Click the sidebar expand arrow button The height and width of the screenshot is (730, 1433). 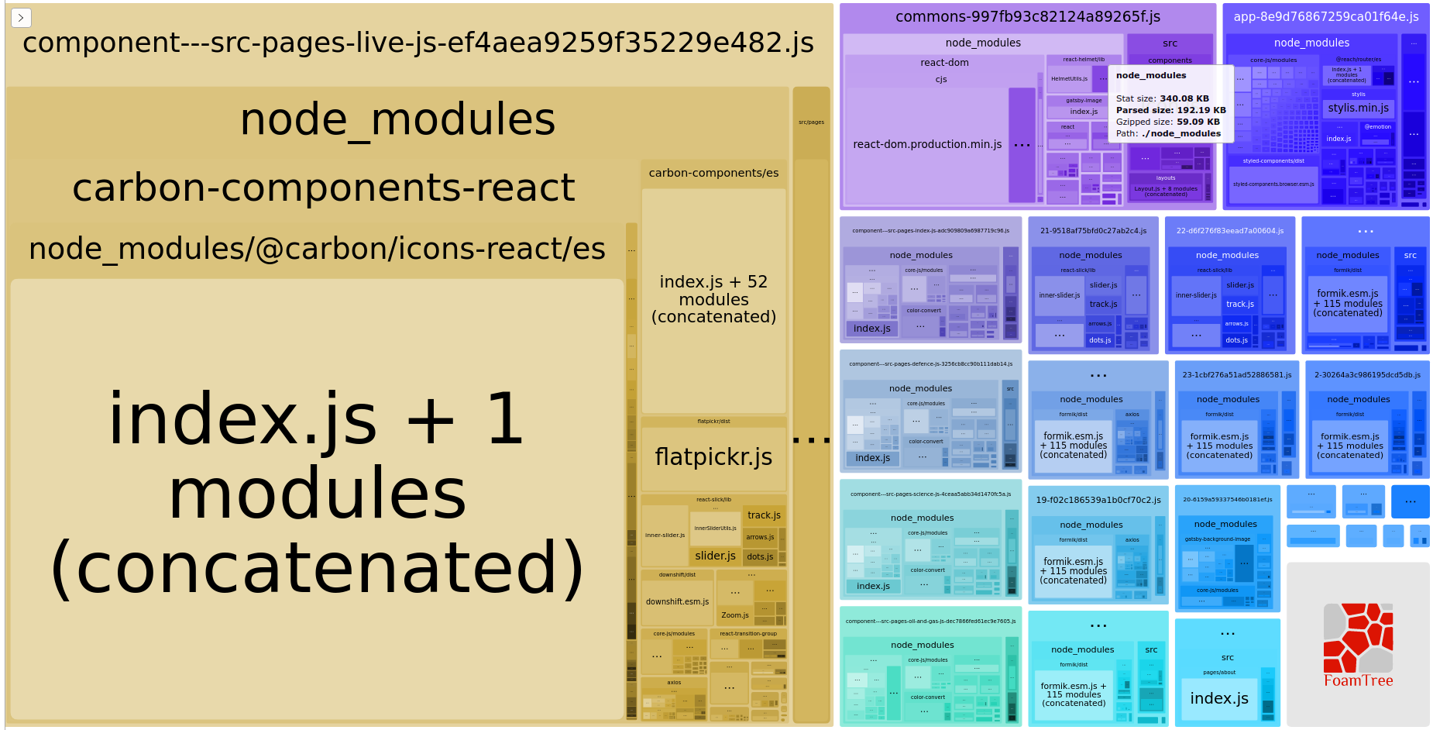21,17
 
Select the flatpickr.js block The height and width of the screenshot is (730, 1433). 713,457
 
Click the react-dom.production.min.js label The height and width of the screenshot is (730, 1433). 927,144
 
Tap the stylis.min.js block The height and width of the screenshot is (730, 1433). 1358,108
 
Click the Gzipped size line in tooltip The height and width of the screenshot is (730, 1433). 1167,122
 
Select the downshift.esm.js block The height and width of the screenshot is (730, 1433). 677,601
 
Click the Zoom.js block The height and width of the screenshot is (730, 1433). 734,615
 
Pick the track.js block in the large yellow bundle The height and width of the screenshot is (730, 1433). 764,515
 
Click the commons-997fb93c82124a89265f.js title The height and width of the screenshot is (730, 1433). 1027,17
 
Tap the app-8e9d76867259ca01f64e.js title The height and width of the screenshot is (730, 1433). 1325,17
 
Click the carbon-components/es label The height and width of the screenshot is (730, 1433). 713,173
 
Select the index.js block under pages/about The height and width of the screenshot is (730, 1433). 1218,698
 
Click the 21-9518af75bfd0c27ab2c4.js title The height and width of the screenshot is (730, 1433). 1093,231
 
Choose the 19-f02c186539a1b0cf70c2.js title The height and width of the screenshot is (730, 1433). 1098,501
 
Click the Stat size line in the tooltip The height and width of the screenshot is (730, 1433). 1162,98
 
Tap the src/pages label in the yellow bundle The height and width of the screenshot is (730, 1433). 811,122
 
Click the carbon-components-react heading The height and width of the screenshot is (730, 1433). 323,188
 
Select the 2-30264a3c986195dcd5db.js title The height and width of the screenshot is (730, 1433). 1367,375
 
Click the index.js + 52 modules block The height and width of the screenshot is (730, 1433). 713,299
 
